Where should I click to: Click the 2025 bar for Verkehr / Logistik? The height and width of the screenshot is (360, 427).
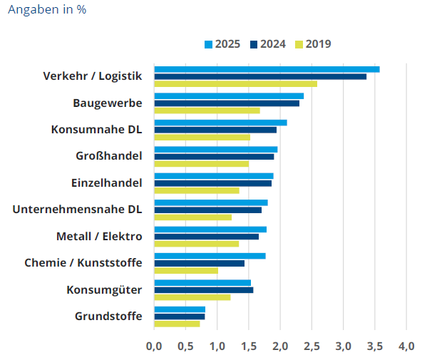[267, 69]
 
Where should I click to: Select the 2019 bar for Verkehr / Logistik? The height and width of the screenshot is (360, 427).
[235, 84]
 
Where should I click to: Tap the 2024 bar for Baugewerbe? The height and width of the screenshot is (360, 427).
[227, 103]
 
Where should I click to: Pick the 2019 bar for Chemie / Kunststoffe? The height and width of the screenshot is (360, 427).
[186, 271]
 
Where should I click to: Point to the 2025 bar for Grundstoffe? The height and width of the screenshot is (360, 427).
[180, 309]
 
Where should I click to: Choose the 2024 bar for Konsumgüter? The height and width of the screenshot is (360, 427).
[204, 290]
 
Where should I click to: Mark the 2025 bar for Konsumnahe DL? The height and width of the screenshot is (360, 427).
[220, 123]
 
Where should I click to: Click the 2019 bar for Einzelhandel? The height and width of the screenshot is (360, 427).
[197, 190]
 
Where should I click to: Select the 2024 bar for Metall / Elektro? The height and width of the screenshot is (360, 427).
[207, 237]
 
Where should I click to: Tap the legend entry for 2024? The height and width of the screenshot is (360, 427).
[268, 44]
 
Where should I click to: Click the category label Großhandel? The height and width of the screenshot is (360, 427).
[109, 156]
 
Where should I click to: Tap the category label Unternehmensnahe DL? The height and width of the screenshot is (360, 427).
[78, 210]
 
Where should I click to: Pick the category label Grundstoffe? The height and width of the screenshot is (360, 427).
[108, 317]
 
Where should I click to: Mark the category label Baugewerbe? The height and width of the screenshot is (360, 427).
[108, 103]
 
